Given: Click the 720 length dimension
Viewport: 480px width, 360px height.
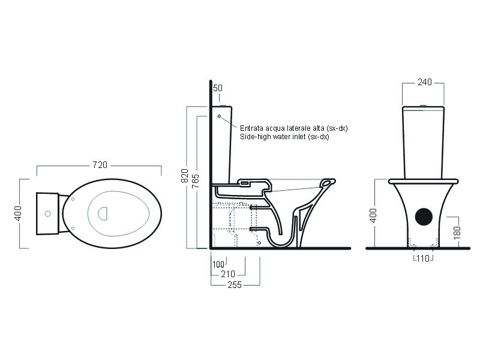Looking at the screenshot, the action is pyautogui.click(x=100, y=165).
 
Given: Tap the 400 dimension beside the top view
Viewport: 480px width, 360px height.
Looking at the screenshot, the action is pyautogui.click(x=18, y=213).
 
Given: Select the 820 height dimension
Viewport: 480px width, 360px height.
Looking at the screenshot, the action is pyautogui.click(x=185, y=176).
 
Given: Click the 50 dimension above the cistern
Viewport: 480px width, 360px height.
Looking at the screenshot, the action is pyautogui.click(x=217, y=88).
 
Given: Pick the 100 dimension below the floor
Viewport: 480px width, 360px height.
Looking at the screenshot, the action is pyautogui.click(x=218, y=264).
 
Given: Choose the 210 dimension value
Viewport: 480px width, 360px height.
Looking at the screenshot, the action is pyautogui.click(x=228, y=274).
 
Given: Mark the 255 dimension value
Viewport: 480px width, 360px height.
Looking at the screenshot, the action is pyautogui.click(x=235, y=285).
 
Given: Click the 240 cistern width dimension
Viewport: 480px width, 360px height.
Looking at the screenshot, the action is pyautogui.click(x=425, y=82).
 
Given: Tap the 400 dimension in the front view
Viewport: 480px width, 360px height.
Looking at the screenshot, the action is pyautogui.click(x=373, y=215).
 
